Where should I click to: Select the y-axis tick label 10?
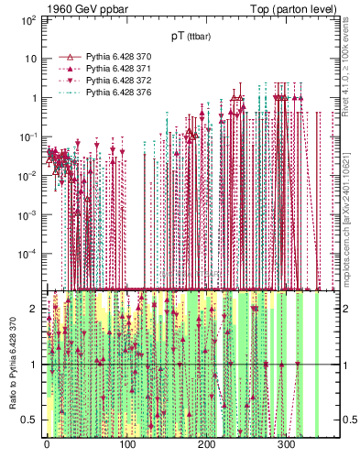click(x=33, y=59)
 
